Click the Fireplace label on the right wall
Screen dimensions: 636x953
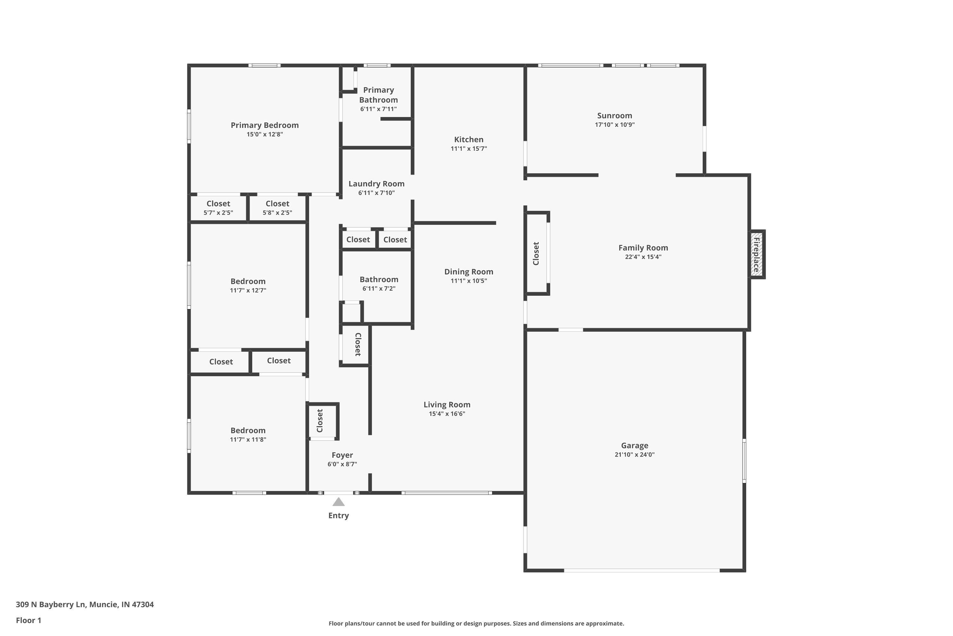coord(756,254)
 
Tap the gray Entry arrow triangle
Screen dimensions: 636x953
coord(338,502)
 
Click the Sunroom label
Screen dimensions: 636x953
coord(614,116)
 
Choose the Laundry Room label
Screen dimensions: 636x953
coord(376,184)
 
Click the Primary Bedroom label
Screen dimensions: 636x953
coord(265,125)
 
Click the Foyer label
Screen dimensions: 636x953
coord(342,455)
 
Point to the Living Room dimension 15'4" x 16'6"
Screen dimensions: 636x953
coord(447,414)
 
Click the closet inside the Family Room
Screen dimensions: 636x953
coord(536,253)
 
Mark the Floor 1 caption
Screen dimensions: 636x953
coord(28,620)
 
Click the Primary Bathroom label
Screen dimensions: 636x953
coord(378,95)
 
